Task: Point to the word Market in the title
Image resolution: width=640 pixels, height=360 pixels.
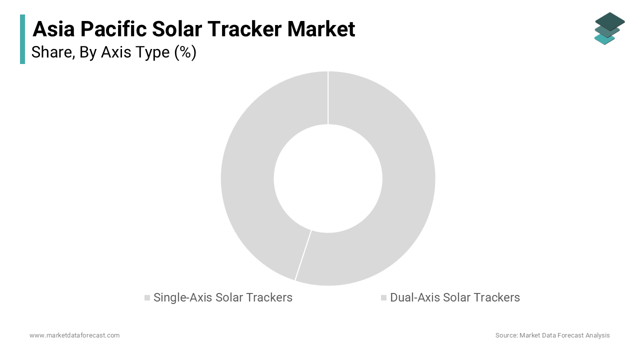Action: (321, 29)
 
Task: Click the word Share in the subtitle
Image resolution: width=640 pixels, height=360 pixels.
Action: (51, 52)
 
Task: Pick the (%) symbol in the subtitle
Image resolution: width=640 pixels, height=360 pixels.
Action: (185, 52)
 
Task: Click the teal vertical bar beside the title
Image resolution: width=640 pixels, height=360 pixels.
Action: (22, 39)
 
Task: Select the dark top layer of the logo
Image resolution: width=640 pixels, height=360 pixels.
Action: (609, 20)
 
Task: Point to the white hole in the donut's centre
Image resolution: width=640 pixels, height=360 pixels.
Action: (328, 178)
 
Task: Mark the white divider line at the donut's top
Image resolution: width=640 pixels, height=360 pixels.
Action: (328, 97)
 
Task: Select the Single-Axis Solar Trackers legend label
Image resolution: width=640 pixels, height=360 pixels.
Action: (222, 297)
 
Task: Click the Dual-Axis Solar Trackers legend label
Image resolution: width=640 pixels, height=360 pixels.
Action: (454, 297)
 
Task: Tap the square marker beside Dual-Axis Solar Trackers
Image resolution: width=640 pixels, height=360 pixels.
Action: (383, 298)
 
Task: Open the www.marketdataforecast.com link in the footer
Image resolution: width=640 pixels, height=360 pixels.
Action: (74, 335)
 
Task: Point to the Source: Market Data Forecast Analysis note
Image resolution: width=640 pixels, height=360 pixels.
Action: (552, 335)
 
